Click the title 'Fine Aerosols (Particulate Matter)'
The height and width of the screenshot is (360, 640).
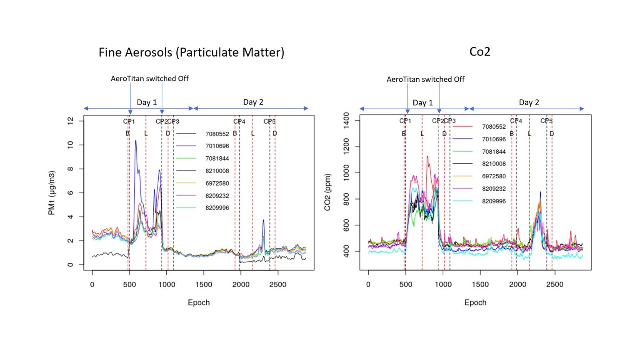191,52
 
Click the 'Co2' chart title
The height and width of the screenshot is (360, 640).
480,52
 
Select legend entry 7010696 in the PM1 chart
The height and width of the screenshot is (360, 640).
217,146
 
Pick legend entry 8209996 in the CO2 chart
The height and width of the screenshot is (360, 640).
494,201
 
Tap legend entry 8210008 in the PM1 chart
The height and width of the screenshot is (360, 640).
217,171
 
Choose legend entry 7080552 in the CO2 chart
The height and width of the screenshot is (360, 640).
494,127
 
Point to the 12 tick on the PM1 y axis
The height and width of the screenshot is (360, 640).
70,121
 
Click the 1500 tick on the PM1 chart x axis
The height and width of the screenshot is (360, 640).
204,285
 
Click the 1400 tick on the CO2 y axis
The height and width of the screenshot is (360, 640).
346,120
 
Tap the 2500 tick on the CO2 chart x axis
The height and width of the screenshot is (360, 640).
555,285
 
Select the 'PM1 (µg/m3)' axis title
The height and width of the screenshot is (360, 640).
52,193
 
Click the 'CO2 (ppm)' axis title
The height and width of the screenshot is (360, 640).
327,192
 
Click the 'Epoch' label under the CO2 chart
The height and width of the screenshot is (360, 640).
475,302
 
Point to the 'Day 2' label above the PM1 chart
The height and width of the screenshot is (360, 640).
253,102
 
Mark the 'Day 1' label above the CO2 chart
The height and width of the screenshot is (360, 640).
422,103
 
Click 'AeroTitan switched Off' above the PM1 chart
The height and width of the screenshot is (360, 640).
150,79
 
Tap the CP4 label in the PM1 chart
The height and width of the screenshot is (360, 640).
239,122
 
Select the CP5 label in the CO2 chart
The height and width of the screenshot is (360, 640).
546,121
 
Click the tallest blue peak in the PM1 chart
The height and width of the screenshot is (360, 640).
135,141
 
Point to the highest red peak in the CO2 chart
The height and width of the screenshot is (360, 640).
427,157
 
